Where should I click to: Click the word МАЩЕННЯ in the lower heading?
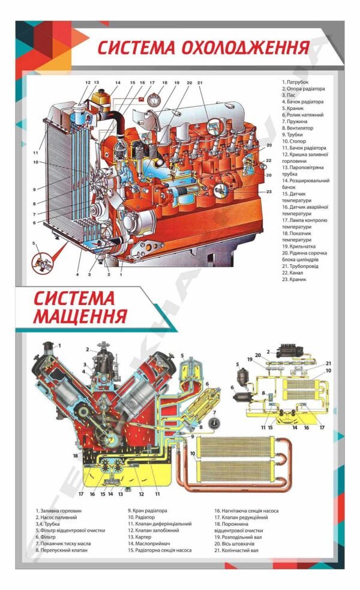(x=80, y=315)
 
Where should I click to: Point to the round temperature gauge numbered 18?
(x=154, y=99)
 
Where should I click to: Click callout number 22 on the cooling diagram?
(x=269, y=160)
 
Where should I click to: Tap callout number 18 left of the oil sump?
(x=76, y=456)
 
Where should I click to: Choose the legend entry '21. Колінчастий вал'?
(x=240, y=550)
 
